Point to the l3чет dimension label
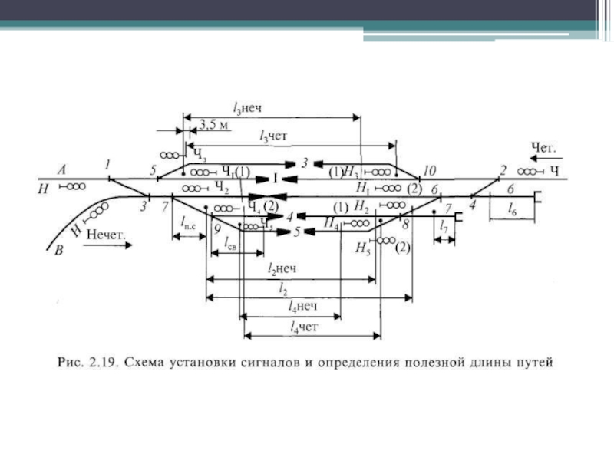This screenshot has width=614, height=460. point(273,136)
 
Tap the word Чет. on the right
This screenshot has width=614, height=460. point(543,146)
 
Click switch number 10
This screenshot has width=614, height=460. point(429,170)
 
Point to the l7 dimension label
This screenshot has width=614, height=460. point(444,228)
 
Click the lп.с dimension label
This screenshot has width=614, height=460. point(187,223)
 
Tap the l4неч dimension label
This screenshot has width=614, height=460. point(302,307)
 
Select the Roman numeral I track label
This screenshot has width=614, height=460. point(273,178)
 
